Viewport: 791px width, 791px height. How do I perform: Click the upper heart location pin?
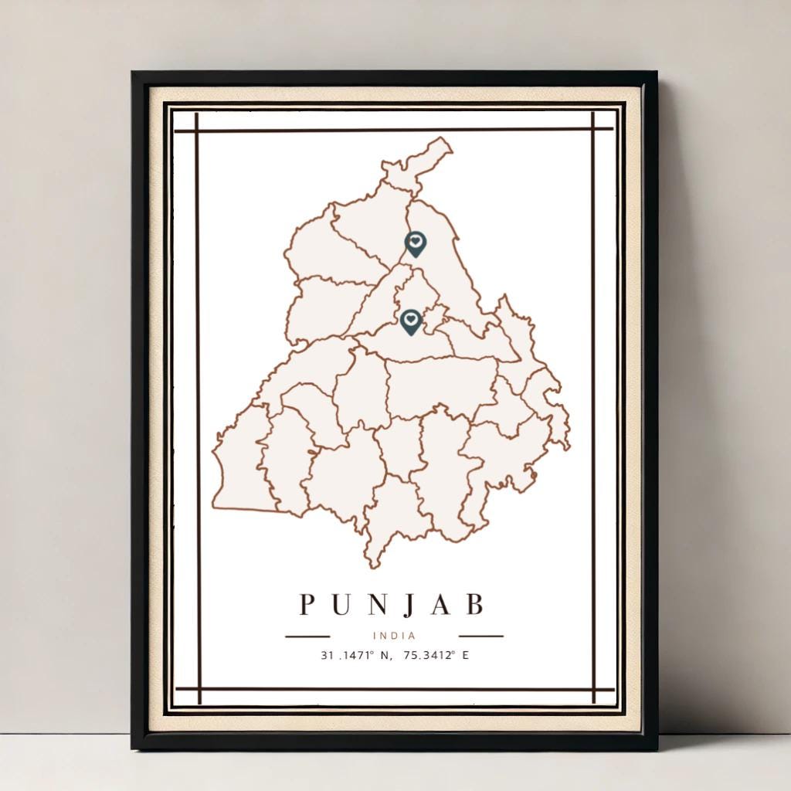coord(415,244)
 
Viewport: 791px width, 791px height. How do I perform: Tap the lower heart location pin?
coord(411,321)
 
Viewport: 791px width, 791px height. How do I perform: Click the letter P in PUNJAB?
coord(307,605)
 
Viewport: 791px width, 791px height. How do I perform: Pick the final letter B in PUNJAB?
coord(474,605)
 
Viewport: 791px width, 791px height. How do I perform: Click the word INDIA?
coord(394,636)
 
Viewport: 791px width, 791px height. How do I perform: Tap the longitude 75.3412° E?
coord(429,656)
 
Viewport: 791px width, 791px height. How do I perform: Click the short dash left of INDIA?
coord(307,637)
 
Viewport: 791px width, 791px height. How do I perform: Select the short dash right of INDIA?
coord(480,637)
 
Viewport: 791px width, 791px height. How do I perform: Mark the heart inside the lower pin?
coord(411,318)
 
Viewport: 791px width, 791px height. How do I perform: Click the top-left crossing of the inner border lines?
coord(198,130)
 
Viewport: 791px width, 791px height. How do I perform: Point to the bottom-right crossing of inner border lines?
coord(593,689)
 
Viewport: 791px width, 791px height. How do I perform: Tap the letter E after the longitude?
coord(466,656)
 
